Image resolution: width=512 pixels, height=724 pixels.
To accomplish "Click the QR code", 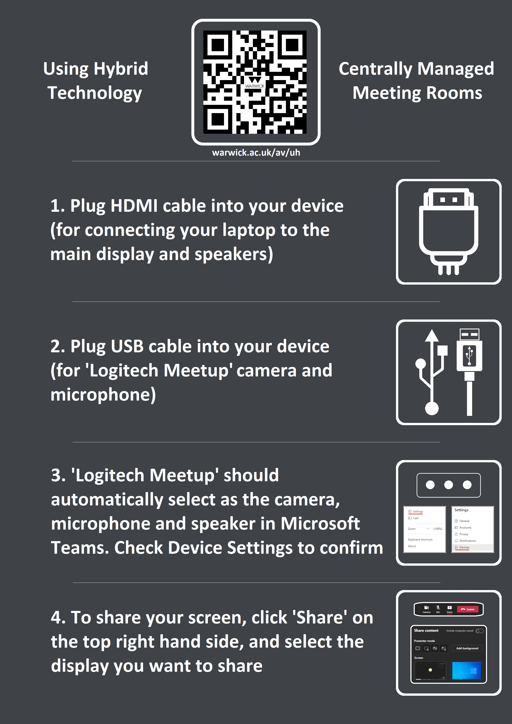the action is coord(255,82).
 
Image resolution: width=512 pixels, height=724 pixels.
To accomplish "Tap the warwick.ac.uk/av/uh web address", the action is coord(256,153).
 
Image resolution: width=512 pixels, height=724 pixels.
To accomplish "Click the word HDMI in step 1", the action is coord(134,206).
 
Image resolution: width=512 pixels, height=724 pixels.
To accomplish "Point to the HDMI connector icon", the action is coord(449,232).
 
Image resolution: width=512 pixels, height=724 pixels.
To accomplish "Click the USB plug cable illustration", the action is coord(469,372).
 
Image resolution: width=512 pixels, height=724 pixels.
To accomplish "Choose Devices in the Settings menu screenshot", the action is coord(464,547).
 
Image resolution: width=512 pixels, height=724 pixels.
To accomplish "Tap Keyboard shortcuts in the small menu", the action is coord(420,539).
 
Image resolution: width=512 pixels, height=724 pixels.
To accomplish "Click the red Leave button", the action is coord(468,609).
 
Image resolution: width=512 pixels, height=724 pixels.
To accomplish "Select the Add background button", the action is coord(467,648).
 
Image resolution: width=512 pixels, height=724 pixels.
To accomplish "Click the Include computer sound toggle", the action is coord(480,631).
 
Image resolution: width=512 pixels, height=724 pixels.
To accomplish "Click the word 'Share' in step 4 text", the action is coord(320,618).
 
